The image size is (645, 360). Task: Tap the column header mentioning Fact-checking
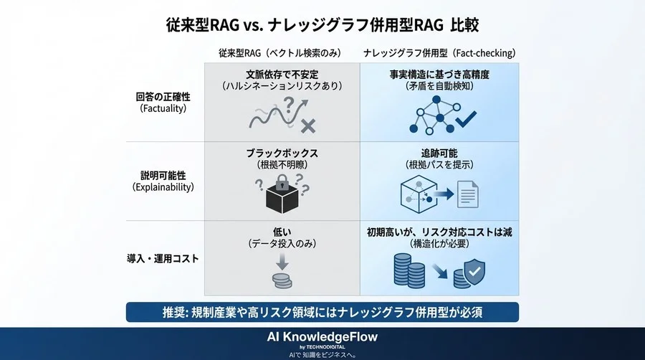(439, 53)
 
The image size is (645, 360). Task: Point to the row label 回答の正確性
(161, 96)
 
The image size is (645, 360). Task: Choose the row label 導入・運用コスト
(161, 258)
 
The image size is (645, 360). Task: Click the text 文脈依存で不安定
(282, 73)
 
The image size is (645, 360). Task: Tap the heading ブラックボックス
(282, 152)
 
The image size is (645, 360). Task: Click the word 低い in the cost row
(282, 231)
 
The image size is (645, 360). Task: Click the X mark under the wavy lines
(308, 126)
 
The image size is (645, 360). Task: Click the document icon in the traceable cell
(468, 195)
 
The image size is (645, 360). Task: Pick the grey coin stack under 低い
(282, 280)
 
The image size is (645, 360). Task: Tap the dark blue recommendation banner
(322, 312)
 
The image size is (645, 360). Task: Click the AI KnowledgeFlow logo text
(322, 336)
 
